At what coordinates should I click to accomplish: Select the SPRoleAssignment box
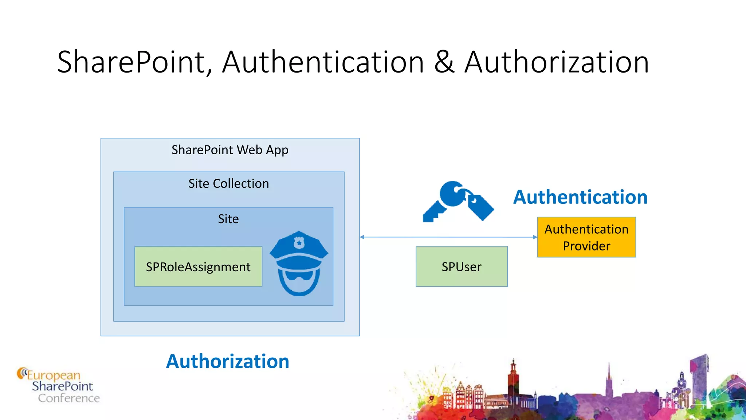coord(198,267)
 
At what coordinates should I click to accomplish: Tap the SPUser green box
coord(462,267)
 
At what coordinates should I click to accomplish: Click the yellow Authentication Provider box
coord(586,237)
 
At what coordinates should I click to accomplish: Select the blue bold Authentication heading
coord(580,197)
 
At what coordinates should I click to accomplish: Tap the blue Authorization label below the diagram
coord(228,361)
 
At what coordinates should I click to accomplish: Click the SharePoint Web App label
coord(230,150)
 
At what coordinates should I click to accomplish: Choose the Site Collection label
coord(228,183)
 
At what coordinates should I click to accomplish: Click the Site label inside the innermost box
coord(228,219)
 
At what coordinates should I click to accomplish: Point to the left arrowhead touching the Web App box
coord(362,237)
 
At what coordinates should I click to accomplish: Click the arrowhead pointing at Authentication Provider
coord(535,237)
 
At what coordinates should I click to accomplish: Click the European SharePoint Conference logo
coord(58,386)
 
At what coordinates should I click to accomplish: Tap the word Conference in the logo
coord(69,398)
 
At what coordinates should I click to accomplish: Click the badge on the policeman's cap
coord(299,242)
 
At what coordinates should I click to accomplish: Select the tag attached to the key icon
coord(480,207)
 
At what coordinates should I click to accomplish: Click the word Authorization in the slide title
coord(557,62)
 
